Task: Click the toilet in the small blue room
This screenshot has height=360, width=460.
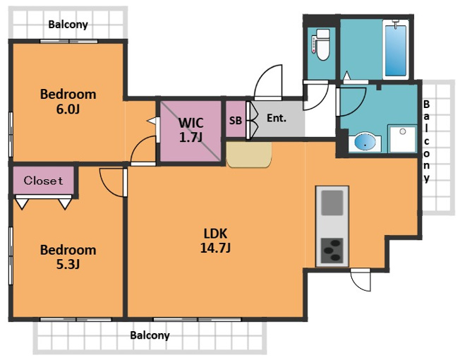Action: tap(321, 45)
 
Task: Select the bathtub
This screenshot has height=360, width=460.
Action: tap(396, 49)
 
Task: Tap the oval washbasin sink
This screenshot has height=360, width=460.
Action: tap(365, 143)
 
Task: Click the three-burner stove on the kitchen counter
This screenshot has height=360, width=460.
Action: tap(332, 251)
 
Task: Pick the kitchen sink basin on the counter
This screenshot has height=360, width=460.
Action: tap(332, 203)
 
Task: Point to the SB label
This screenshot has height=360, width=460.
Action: tap(236, 120)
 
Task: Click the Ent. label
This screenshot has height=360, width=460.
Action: tap(277, 119)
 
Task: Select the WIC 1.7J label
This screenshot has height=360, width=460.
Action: tap(191, 130)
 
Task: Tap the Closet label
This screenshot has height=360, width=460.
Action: tap(43, 181)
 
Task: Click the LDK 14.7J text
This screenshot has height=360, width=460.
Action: tap(215, 241)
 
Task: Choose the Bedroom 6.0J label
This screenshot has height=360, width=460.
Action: tap(68, 101)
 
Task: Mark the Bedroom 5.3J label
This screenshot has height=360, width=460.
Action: tap(68, 257)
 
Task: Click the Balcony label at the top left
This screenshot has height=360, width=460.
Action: tap(68, 24)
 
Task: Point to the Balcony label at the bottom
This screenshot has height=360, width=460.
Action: tap(150, 335)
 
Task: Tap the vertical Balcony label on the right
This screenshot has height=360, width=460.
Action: tap(427, 141)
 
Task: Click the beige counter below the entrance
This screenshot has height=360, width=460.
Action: tap(249, 155)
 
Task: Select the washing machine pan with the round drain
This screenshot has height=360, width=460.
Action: tap(402, 139)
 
